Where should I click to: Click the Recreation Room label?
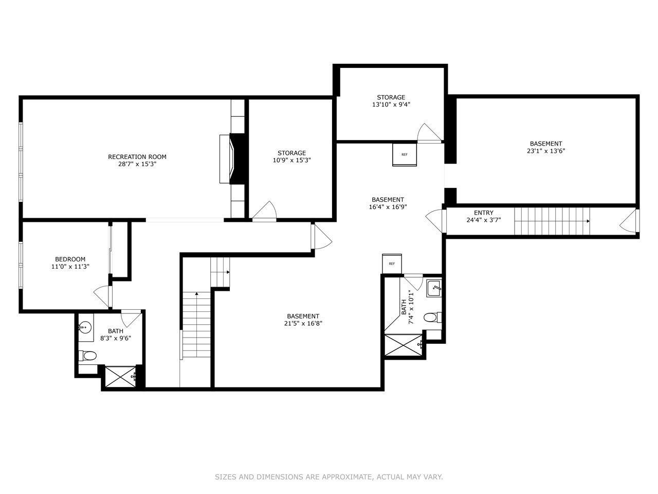(137, 157)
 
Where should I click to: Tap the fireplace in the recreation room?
(234, 158)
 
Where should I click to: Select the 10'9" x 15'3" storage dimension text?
(291, 161)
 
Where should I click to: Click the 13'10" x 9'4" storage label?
(391, 104)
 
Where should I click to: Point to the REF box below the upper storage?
(405, 154)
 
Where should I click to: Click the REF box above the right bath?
(392, 263)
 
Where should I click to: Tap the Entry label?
(483, 213)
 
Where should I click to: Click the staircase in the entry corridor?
(552, 221)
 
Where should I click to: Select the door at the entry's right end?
(629, 221)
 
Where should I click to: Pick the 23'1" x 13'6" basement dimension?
(546, 151)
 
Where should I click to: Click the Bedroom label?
(70, 259)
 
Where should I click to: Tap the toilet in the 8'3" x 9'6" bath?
(88, 355)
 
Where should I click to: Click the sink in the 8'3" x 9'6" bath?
(84, 326)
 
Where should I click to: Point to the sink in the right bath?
(434, 288)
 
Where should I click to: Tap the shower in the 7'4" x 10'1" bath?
(404, 345)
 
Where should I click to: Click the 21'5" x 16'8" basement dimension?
(303, 324)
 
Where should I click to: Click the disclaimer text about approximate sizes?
(328, 477)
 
